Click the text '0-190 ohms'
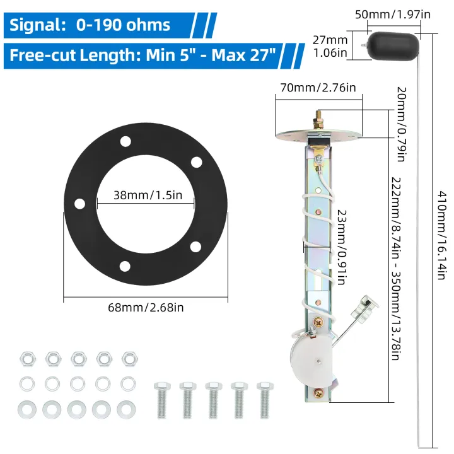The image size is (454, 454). click(x=123, y=25)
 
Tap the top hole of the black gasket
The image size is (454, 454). click(x=125, y=141)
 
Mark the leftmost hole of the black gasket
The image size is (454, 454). click(x=79, y=204)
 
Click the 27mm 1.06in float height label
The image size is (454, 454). click(x=330, y=45)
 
